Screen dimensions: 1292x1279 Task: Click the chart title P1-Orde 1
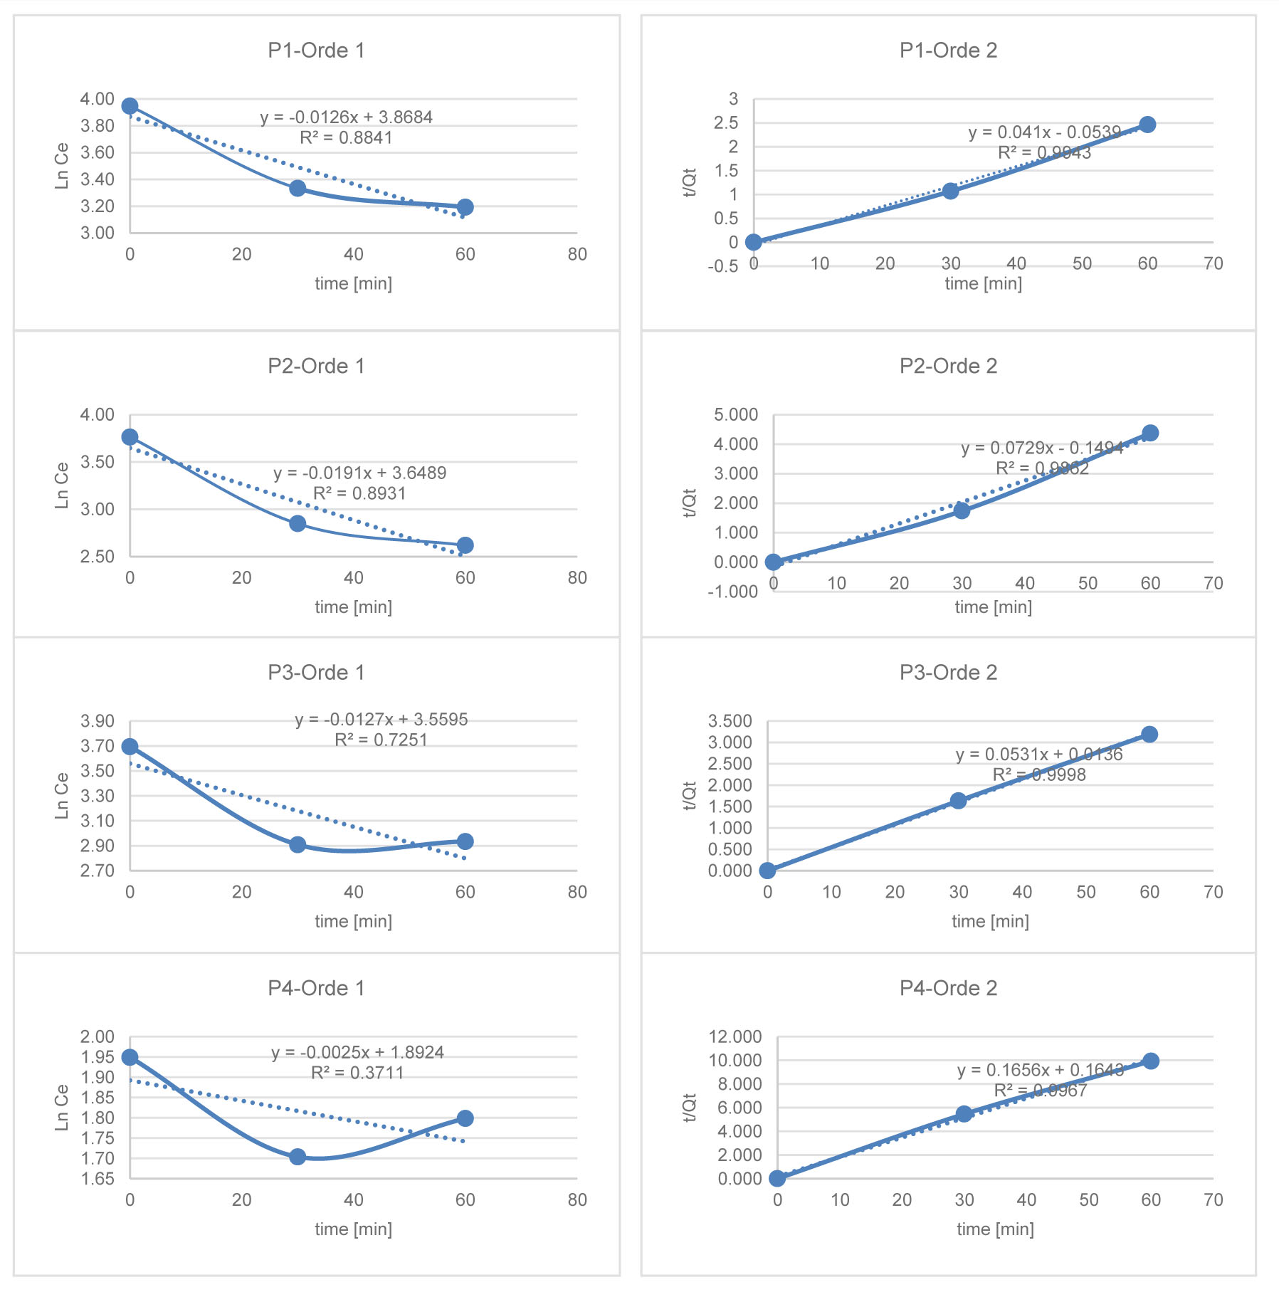[316, 51]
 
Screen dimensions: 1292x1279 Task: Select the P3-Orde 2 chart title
[948, 673]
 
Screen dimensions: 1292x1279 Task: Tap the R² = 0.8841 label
[346, 137]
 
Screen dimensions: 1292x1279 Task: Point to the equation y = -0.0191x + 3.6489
[359, 473]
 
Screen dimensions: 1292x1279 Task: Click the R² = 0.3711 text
[357, 1073]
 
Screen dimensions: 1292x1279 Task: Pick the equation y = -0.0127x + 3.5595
[381, 719]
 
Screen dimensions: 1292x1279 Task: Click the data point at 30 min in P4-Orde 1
[298, 1157]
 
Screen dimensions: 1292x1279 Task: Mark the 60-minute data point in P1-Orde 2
[1147, 125]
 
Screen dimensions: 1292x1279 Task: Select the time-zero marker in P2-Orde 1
[130, 437]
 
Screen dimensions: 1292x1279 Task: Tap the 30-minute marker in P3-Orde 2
[959, 801]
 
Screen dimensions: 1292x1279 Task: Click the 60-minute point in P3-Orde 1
[465, 841]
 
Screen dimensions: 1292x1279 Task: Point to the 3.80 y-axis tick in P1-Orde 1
[97, 126]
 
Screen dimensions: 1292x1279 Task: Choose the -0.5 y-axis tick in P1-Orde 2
[722, 266]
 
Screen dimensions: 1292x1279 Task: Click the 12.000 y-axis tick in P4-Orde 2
[735, 1036]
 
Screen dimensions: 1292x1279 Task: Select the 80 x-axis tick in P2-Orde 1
[577, 578]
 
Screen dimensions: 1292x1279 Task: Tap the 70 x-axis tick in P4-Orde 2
[1213, 1199]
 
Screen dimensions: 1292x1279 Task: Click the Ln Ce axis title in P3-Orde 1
[62, 795]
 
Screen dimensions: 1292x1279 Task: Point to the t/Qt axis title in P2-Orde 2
[689, 503]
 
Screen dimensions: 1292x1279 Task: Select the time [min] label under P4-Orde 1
[353, 1229]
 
